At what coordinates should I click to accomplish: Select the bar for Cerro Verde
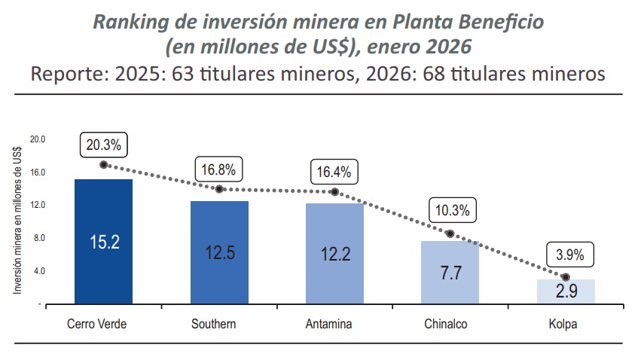tap(103, 241)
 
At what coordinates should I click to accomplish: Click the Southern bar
tap(219, 252)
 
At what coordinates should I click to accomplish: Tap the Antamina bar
tap(334, 253)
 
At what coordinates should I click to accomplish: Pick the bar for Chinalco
tap(450, 272)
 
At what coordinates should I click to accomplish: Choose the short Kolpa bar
tap(566, 291)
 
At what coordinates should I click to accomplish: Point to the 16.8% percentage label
tap(218, 169)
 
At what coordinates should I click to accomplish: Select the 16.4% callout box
tap(334, 172)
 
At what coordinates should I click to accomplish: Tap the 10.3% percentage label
tap(451, 211)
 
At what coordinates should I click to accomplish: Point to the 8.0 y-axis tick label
tap(39, 238)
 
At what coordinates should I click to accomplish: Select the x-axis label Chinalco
tap(450, 325)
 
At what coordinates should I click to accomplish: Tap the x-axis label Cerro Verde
tap(96, 325)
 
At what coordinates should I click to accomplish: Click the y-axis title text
tap(17, 221)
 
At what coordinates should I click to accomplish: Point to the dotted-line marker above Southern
tap(219, 189)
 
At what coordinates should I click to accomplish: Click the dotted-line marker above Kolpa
tap(566, 277)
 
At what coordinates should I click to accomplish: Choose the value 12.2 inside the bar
tap(335, 254)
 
